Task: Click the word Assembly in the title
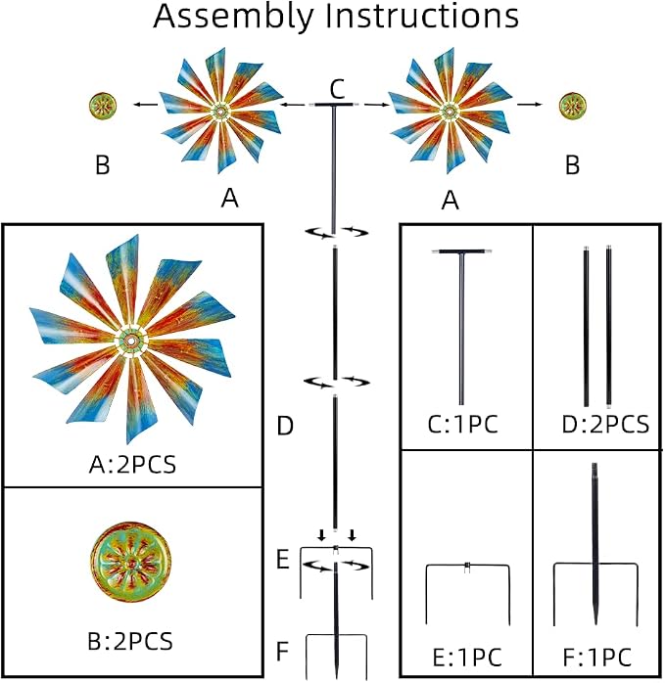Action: point(234,18)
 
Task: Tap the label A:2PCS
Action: point(132,465)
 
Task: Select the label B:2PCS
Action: point(130,641)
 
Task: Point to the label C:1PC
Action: point(462,425)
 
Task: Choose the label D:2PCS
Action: point(605,425)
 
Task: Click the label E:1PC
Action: point(467,658)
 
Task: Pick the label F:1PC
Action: point(597,658)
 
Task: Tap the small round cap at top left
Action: point(103,106)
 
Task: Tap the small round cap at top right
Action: point(573,106)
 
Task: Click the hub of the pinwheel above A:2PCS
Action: point(130,341)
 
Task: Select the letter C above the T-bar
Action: point(337,90)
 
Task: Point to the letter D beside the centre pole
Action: point(285,426)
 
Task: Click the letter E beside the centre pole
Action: point(283,560)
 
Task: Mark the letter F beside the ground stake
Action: point(283,652)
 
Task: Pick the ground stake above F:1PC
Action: point(595,544)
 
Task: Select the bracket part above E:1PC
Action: point(467,567)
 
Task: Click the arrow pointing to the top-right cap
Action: point(530,105)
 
